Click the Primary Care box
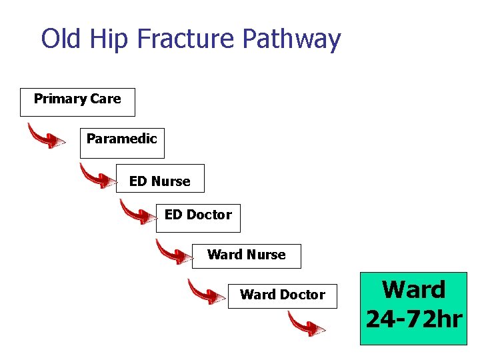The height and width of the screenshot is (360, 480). click(x=77, y=102)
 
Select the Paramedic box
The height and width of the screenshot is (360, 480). click(x=122, y=143)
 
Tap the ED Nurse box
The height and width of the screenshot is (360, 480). click(x=160, y=179)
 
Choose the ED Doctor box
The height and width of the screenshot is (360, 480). click(x=198, y=218)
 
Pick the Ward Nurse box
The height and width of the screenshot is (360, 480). click(x=246, y=256)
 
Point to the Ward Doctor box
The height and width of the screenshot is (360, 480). click(x=282, y=295)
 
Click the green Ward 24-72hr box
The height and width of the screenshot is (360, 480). click(x=413, y=308)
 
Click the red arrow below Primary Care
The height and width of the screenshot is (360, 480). click(x=46, y=136)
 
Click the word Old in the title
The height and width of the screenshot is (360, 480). click(x=61, y=39)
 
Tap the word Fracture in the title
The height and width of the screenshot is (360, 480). click(x=187, y=39)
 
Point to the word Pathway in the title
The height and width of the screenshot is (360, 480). click(x=291, y=40)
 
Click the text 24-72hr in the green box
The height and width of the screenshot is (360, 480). click(x=413, y=319)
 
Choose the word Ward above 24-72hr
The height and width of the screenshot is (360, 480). click(x=413, y=290)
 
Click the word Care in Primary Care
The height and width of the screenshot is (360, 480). click(x=105, y=99)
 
